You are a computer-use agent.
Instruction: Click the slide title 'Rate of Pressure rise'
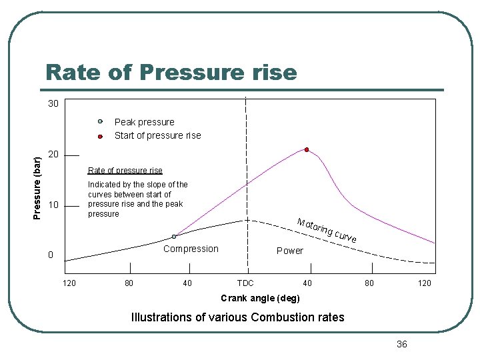point(171,72)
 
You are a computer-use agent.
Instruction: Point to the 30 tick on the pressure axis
point(53,104)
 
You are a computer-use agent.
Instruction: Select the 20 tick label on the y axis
point(53,155)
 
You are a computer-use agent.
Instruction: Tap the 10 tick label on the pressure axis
point(53,205)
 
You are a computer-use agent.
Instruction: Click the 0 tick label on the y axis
point(50,255)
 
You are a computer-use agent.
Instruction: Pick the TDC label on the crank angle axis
point(245,283)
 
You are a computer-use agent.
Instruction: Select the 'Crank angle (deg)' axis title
point(260,298)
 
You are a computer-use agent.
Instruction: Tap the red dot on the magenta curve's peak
point(307,149)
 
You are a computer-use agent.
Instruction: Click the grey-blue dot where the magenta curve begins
point(174,237)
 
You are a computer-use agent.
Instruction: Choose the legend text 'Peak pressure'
point(144,122)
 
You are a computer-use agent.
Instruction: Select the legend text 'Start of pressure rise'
point(157,135)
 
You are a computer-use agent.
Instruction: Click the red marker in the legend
point(99,136)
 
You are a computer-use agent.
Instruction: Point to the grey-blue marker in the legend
point(99,122)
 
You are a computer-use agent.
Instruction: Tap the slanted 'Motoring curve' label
point(327,230)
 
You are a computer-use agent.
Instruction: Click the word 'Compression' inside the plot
point(191,249)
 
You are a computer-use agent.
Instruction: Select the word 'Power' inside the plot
point(289,251)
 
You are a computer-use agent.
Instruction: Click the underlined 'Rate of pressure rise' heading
point(125,171)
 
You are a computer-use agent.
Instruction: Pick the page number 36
point(401,344)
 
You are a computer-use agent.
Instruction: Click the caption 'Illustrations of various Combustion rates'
point(238,317)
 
